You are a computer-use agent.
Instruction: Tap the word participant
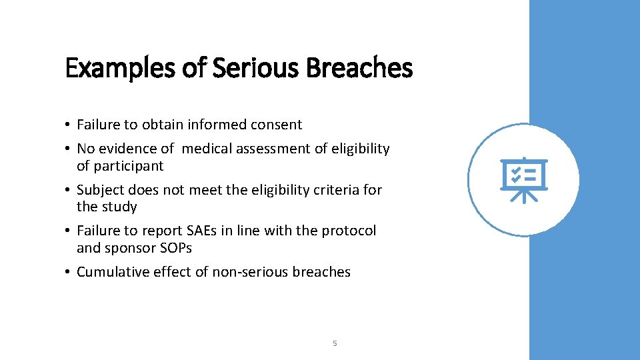(129, 166)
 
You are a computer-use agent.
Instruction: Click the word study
(119, 207)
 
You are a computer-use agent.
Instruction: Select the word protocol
(349, 231)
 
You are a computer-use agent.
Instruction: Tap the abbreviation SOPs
(177, 248)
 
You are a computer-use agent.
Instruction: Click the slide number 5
(335, 343)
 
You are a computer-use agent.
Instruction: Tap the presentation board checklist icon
(523, 180)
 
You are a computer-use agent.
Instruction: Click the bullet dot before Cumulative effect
(69, 272)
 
